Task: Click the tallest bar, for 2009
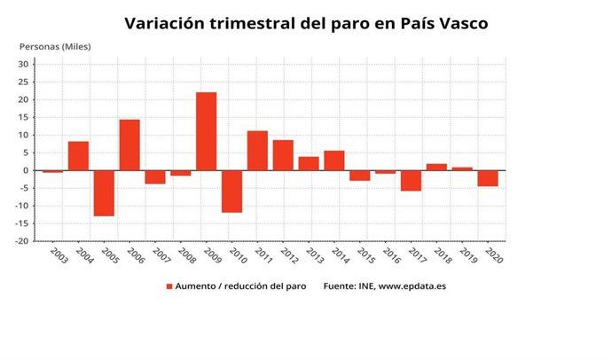click(x=206, y=131)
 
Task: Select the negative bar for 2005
click(x=104, y=192)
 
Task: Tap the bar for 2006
click(x=129, y=145)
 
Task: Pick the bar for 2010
click(x=231, y=191)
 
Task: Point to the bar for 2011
click(x=257, y=151)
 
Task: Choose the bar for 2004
click(x=78, y=156)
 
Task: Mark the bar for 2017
click(x=411, y=180)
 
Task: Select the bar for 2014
click(x=334, y=160)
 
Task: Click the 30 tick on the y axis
click(x=24, y=64)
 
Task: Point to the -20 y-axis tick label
click(x=22, y=241)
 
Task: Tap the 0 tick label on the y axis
click(x=27, y=170)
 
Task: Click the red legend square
click(x=169, y=286)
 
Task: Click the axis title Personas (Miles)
click(x=55, y=46)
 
